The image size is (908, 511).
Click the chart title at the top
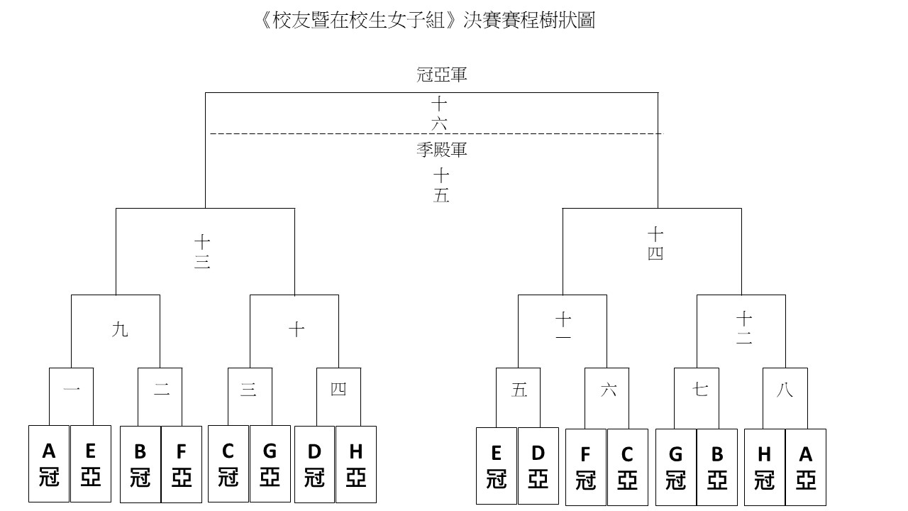[426, 21]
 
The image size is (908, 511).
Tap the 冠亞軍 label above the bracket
[442, 75]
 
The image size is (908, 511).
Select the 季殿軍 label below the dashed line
[442, 150]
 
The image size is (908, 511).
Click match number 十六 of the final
[439, 114]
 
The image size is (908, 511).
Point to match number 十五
[441, 186]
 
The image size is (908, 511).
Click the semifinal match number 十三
[202, 252]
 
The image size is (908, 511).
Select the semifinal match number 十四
[655, 243]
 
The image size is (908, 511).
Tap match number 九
[120, 330]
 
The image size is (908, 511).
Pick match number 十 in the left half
[297, 329]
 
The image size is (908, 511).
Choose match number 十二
[744, 328]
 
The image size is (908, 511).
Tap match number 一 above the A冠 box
[72, 390]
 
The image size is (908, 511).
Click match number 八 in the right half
[785, 390]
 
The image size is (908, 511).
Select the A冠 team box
[49, 463]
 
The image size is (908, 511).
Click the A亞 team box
[805, 467]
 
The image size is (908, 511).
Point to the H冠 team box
[765, 467]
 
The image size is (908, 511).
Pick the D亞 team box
[538, 466]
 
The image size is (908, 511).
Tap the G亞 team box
[270, 463]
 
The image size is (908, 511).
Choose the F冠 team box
[586, 467]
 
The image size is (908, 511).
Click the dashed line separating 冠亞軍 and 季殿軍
[436, 133]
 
